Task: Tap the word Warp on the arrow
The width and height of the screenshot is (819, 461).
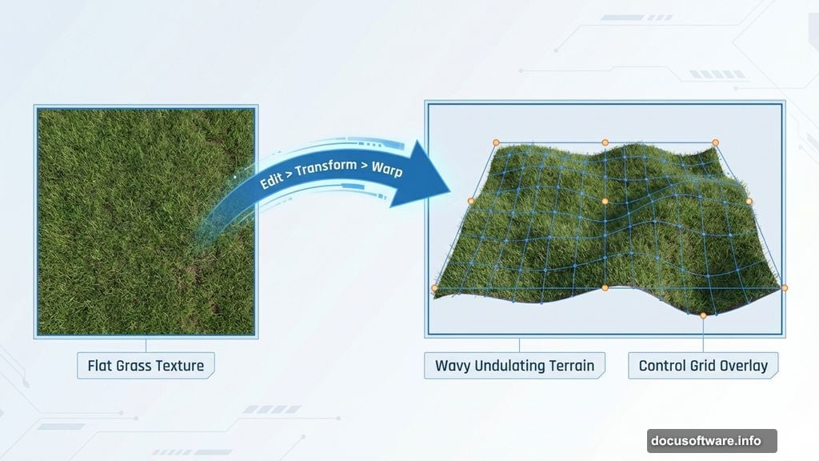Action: [x=386, y=171]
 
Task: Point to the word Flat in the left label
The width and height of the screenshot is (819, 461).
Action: [x=102, y=366]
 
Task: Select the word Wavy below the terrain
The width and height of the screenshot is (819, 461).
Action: [x=453, y=366]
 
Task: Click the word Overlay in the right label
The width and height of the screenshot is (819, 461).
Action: [x=745, y=366]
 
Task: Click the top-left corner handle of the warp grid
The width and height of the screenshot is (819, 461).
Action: [x=496, y=142]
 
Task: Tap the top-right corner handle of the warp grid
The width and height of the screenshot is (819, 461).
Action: [x=717, y=143]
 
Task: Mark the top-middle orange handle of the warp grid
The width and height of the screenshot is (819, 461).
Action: [x=605, y=142]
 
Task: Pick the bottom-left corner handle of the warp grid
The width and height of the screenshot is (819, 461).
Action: [x=435, y=287]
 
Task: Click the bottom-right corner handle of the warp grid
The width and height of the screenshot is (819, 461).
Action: [x=784, y=287]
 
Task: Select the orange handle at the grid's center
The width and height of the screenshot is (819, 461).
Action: [x=605, y=201]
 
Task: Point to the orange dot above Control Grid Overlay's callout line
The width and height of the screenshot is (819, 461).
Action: [x=703, y=315]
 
